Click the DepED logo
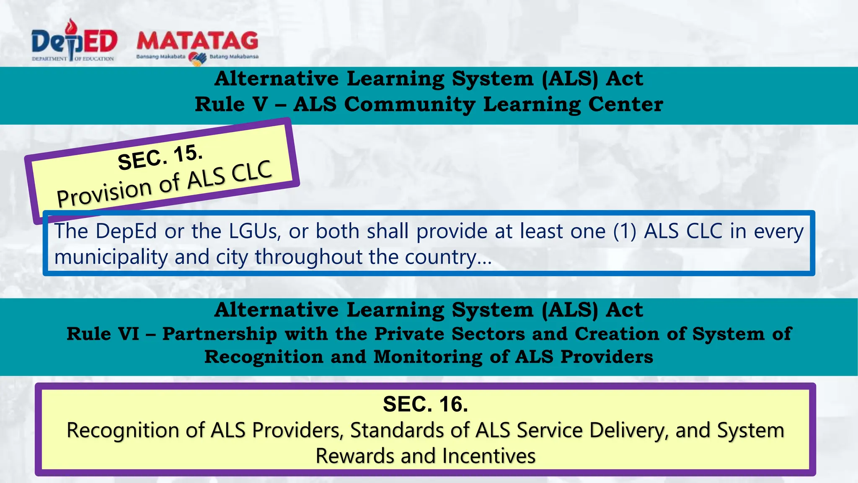[x=74, y=42]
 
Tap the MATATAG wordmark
[x=197, y=41]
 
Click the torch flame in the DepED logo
[x=73, y=26]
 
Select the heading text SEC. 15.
[x=160, y=157]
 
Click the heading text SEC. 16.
[x=425, y=404]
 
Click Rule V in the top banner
[x=231, y=104]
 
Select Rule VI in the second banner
[x=103, y=334]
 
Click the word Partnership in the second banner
[x=220, y=334]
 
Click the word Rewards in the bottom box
[x=354, y=456]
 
